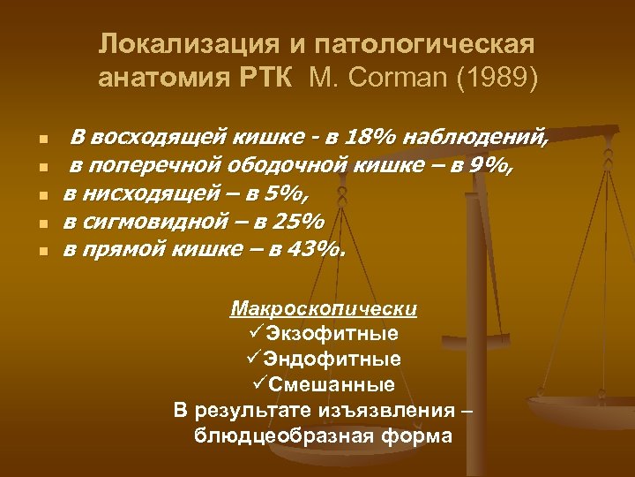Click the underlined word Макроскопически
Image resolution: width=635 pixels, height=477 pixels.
324,309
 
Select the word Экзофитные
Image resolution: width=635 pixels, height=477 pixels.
332,334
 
